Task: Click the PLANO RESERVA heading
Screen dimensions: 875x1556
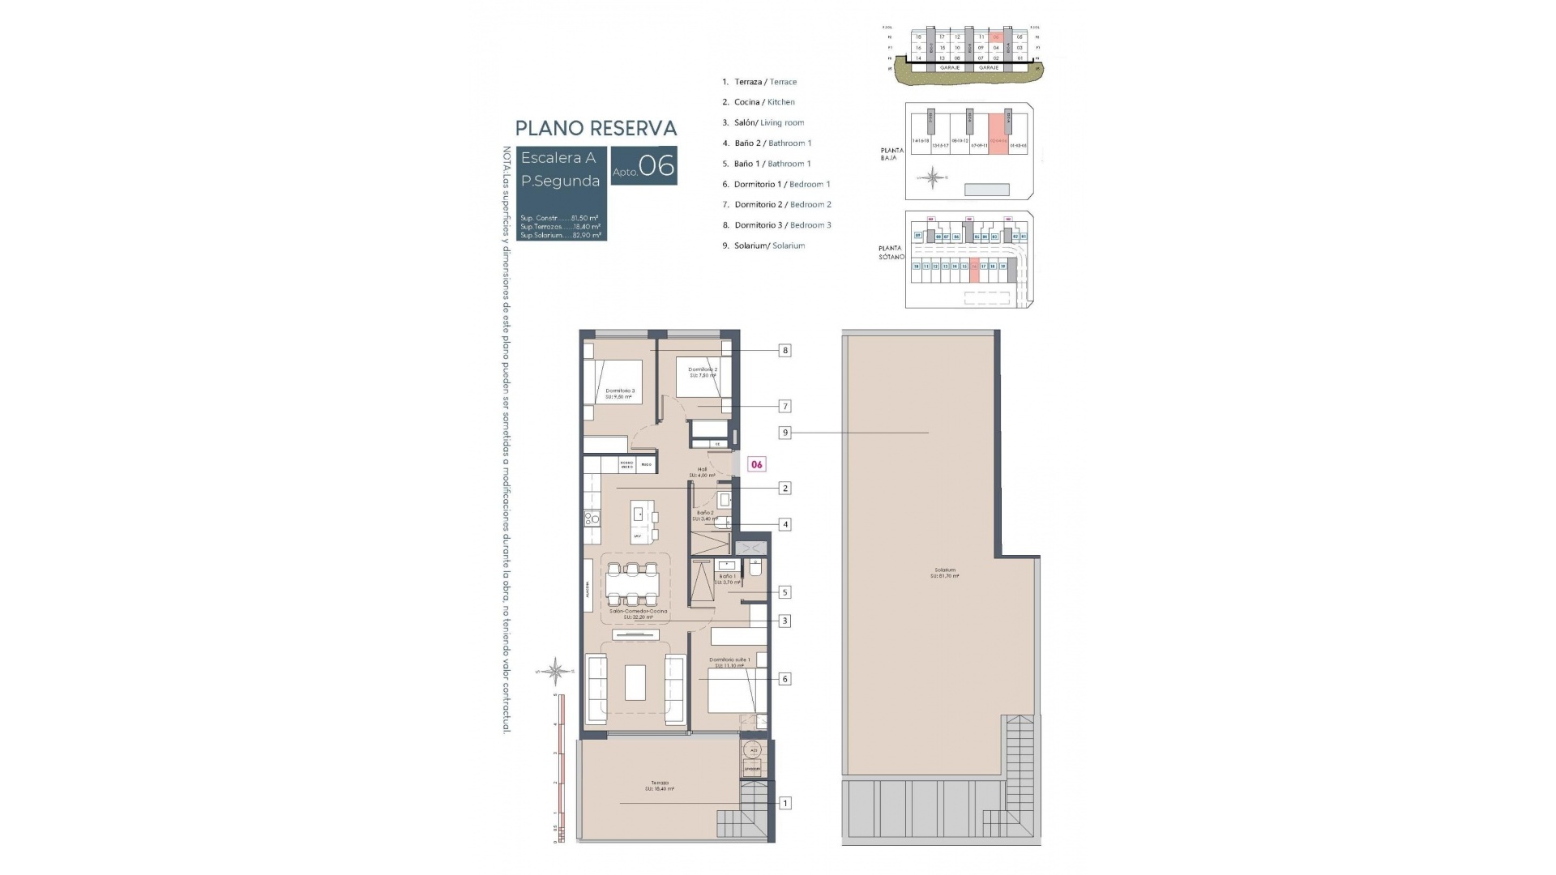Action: click(596, 128)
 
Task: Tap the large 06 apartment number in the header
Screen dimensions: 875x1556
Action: click(656, 166)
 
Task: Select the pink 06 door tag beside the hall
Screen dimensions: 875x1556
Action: click(756, 464)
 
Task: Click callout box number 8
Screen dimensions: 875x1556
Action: click(784, 351)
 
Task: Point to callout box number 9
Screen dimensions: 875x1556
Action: click(784, 433)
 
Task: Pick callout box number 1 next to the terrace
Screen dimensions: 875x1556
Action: click(784, 803)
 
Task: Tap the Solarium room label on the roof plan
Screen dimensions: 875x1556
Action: click(944, 572)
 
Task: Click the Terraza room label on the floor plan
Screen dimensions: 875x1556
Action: click(659, 785)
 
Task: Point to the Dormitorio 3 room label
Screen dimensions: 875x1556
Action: click(619, 393)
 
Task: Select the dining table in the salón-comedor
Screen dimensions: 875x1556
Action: click(631, 583)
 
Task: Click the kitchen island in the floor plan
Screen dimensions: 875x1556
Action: click(643, 523)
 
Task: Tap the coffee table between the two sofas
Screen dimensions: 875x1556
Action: click(635, 682)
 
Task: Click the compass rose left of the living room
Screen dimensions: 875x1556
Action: click(556, 671)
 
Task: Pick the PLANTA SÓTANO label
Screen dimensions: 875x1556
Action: click(891, 253)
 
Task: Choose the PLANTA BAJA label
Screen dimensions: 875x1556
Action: click(891, 154)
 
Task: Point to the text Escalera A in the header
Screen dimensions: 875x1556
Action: click(558, 158)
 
